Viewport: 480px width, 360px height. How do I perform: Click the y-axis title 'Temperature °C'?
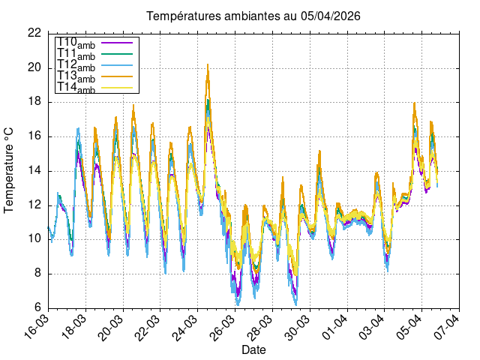click(x=10, y=169)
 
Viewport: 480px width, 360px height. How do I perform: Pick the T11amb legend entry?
click(x=76, y=55)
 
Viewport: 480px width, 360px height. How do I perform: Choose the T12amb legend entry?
click(x=76, y=66)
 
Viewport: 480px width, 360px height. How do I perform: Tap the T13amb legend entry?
click(x=76, y=77)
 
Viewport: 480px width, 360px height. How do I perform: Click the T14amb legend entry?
click(x=76, y=88)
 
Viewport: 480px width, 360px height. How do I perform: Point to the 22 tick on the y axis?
click(x=34, y=33)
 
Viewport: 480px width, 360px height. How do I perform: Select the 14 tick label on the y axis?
click(x=34, y=171)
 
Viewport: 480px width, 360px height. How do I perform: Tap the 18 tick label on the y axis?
click(x=34, y=102)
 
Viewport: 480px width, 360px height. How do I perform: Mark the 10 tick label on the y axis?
click(x=34, y=239)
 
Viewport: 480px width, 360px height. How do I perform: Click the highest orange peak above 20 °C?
click(x=208, y=65)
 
